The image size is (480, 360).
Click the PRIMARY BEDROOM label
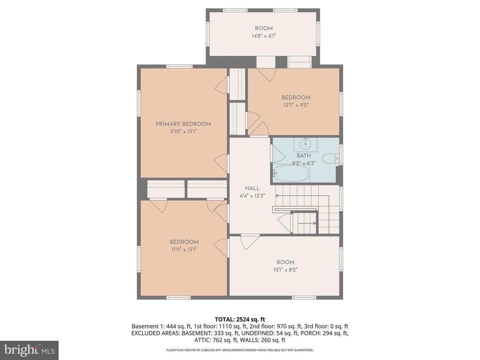tap(183, 124)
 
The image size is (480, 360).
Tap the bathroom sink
tap(305, 144)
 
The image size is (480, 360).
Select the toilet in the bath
tap(330, 158)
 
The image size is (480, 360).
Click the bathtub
tap(291, 173)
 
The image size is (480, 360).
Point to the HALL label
tap(252, 188)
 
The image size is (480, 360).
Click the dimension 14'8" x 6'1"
tap(264, 36)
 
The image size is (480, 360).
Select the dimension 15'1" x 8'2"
tap(285, 270)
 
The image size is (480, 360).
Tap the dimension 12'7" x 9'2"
tap(296, 105)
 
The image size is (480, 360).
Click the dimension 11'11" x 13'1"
tap(184, 249)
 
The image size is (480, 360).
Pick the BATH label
tap(304, 156)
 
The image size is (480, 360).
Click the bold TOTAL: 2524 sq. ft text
tap(240, 320)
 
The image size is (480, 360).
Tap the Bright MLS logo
tap(29, 350)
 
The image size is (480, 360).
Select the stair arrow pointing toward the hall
tap(302, 195)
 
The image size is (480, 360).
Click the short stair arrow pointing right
tap(307, 223)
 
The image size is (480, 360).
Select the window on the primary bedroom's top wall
tap(179, 66)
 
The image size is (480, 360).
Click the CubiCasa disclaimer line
tap(240, 350)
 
